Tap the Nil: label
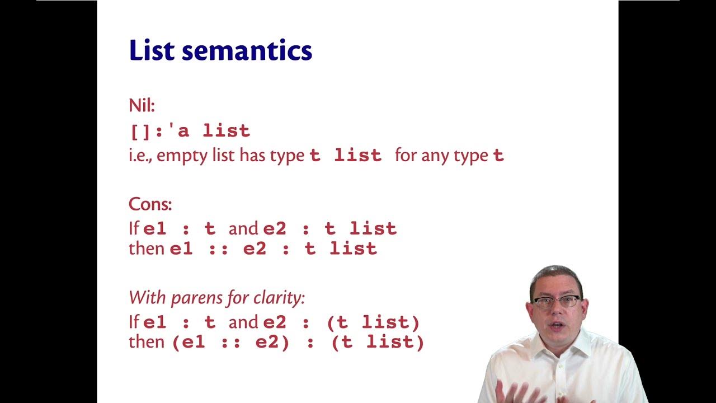tap(141, 105)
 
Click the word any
tap(446, 156)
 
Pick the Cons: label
tap(150, 204)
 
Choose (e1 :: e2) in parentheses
tap(230, 342)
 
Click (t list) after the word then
tap(378, 342)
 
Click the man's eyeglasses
tap(556, 302)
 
